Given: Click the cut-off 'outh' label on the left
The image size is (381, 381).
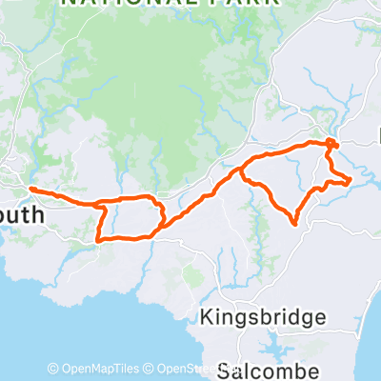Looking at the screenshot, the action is click(22, 215).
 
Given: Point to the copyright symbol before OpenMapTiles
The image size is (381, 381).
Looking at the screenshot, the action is click(53, 369).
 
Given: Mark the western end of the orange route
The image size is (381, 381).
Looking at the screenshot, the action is click(33, 190).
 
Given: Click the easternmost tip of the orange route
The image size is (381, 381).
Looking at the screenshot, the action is click(351, 178).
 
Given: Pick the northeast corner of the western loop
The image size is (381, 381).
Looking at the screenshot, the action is click(155, 198).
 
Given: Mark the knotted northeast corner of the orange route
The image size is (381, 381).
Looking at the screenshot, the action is click(331, 145).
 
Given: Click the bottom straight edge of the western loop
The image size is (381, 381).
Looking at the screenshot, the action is click(129, 237).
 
